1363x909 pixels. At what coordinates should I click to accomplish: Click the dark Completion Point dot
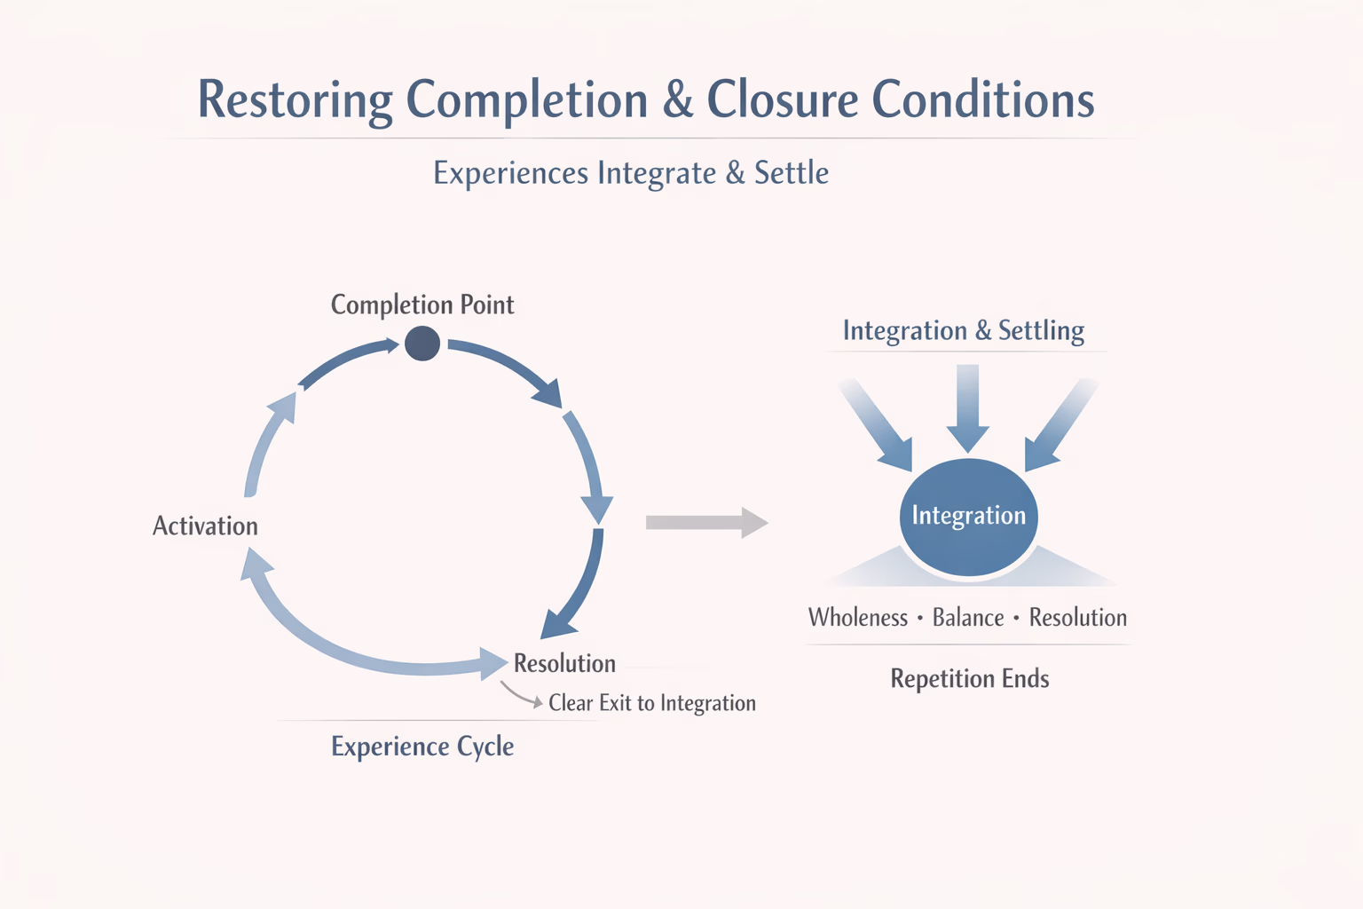point(422,344)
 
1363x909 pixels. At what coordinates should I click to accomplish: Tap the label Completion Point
point(422,305)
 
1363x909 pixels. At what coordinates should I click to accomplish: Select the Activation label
point(205,526)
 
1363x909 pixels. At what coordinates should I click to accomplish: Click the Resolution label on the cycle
point(564,664)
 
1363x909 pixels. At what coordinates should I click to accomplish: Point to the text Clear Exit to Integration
point(652,703)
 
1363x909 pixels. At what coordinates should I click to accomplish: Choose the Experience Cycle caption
point(422,747)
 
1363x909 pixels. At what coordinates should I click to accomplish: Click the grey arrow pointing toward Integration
point(705,523)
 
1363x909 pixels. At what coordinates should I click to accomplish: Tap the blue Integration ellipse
point(968,517)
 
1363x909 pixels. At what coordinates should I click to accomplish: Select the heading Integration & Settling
point(964,331)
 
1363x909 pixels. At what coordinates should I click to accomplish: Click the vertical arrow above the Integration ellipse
point(968,408)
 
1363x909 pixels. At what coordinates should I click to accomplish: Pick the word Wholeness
point(858,618)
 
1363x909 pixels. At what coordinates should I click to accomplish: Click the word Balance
point(968,618)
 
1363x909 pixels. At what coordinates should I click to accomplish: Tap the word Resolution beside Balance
point(1078,618)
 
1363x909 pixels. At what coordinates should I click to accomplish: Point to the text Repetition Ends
point(970,679)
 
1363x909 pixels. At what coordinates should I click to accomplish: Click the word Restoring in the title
point(295,99)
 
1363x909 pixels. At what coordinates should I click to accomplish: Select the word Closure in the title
point(782,99)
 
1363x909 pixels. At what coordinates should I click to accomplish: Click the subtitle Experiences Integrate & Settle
point(631,173)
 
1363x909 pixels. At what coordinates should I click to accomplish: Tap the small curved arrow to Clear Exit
point(520,695)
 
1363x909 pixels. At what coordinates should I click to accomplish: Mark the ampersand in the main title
point(678,99)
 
